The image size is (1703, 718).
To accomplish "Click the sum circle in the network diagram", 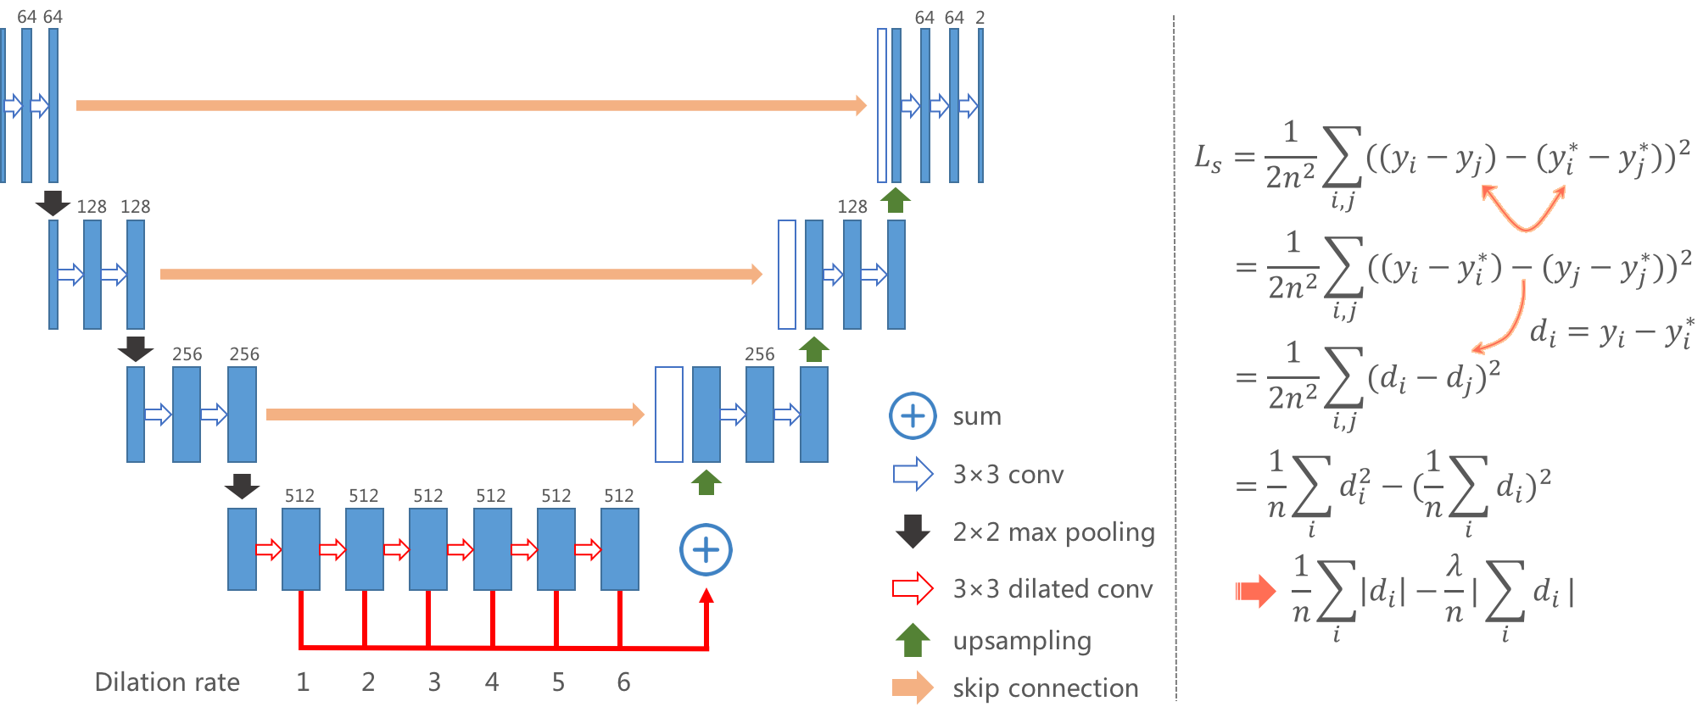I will tap(706, 550).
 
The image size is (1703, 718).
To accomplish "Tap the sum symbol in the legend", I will tap(913, 416).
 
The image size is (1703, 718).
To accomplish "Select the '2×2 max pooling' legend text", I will tap(1053, 532).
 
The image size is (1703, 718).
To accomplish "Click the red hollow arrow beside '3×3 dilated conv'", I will tap(913, 588).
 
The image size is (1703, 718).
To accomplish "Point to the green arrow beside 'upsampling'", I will tap(913, 640).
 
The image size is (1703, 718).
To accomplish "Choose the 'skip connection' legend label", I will tap(1045, 688).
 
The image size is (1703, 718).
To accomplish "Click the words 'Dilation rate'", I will tap(167, 682).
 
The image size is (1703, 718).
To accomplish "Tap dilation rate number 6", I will tap(623, 682).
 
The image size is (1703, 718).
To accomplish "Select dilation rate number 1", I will tap(303, 682).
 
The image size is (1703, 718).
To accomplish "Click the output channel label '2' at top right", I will tap(980, 18).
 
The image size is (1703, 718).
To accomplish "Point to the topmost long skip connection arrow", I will tap(471, 105).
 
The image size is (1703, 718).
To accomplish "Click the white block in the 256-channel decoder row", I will tap(669, 415).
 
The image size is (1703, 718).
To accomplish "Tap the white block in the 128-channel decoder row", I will tap(787, 274).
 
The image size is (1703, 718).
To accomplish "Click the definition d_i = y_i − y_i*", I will tap(1611, 332).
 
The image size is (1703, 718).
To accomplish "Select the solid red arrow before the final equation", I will tap(1255, 591).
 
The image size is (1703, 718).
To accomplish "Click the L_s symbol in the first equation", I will tap(1208, 159).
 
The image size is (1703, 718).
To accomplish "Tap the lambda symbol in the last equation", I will tap(1455, 565).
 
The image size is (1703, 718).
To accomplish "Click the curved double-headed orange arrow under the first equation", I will tap(1524, 209).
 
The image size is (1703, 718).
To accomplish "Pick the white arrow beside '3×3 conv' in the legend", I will tap(913, 475).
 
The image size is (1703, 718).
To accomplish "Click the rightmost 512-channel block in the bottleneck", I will tap(619, 549).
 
